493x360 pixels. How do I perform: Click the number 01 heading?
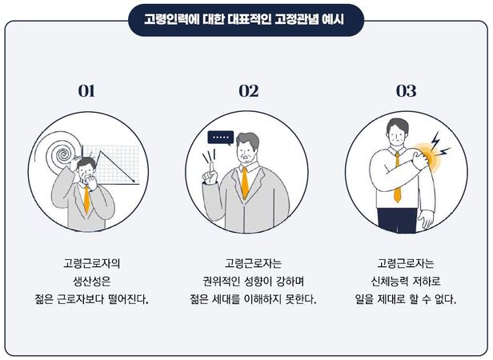pyautogui.click(x=86, y=91)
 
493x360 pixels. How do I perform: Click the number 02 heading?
pyautogui.click(x=249, y=91)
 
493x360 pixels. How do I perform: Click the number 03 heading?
pyautogui.click(x=406, y=91)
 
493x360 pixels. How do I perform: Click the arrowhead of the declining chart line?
pyautogui.click(x=134, y=181)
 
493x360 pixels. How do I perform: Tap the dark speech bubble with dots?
pyautogui.click(x=221, y=138)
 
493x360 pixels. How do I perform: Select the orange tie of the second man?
pyautogui.click(x=245, y=183)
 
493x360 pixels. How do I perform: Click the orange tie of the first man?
pyautogui.click(x=86, y=199)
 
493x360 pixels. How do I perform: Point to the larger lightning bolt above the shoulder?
pyautogui.click(x=435, y=141)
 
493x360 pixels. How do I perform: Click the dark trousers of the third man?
pyautogui.click(x=397, y=220)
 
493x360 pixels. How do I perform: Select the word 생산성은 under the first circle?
pyautogui.click(x=91, y=281)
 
